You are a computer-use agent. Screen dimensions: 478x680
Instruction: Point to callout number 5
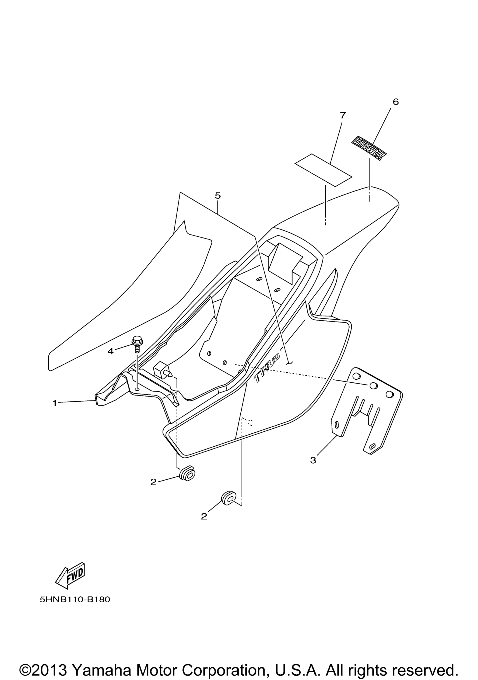218,195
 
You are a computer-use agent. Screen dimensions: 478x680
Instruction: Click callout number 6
396,102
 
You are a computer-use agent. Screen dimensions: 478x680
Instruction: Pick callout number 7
343,115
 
